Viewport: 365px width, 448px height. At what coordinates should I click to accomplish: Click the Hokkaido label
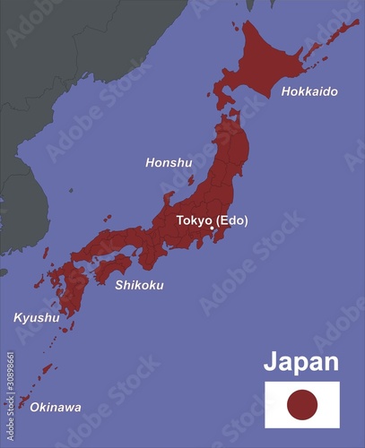pos(309,91)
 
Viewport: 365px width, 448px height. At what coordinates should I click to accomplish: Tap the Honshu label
pos(169,163)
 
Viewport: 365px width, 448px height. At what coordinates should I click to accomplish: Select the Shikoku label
pos(139,285)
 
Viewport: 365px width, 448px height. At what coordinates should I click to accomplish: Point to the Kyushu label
pos(36,317)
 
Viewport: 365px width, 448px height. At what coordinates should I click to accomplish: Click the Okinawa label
pos(56,408)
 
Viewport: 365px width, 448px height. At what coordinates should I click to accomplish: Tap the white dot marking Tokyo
pos(212,228)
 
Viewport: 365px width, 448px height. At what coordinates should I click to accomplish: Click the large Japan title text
pos(300,362)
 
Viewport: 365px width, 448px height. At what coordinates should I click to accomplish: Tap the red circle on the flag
pos(302,405)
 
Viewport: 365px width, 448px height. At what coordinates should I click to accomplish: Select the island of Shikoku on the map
pos(113,266)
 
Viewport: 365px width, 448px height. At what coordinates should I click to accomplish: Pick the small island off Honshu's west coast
pos(190,179)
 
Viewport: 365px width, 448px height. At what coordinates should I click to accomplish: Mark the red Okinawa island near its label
pos(24,401)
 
